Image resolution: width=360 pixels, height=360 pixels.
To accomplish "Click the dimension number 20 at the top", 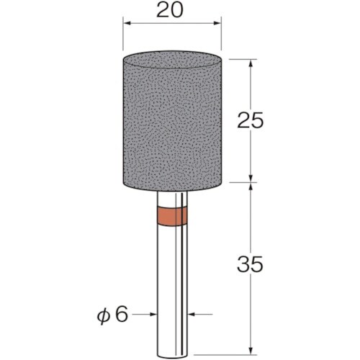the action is [170, 11].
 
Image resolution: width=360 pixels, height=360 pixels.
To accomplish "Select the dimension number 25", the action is [251, 120].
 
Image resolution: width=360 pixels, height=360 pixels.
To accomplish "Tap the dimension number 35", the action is [251, 264].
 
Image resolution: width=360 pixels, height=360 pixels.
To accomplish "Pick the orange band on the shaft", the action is [172, 216].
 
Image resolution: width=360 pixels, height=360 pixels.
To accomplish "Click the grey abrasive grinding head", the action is [172, 121].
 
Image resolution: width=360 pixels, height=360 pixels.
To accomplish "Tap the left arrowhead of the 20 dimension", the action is [127, 23].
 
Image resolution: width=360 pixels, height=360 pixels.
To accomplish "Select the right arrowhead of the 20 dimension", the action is [217, 23].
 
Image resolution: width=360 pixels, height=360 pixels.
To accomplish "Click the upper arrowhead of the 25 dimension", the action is [251, 63].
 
